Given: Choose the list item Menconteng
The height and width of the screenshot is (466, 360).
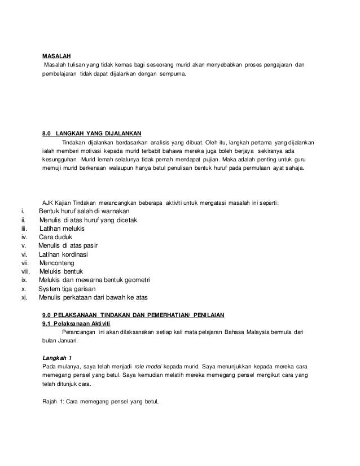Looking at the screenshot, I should [x=59, y=263].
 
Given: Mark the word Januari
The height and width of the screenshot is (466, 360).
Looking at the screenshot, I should [x=69, y=340].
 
